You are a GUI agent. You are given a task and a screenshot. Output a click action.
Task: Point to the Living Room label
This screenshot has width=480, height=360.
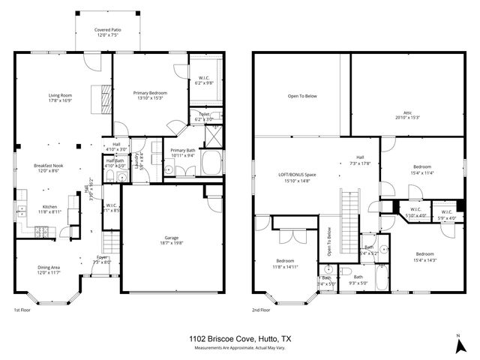pyautogui.click(x=60, y=97)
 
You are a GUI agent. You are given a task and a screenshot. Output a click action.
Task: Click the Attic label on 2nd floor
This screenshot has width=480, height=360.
pyautogui.click(x=407, y=115)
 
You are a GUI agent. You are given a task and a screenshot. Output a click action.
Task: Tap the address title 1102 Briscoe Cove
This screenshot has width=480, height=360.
pyautogui.click(x=239, y=339)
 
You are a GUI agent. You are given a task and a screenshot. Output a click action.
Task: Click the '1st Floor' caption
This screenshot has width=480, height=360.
pyautogui.click(x=22, y=310)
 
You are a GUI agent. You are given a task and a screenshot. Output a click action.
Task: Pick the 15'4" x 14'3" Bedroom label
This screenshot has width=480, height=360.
pyautogui.click(x=424, y=256)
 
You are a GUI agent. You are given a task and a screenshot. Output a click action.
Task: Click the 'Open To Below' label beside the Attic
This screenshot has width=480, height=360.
pyautogui.click(x=302, y=96)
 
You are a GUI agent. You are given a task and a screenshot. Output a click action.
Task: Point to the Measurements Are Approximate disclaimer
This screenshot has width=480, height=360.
pyautogui.click(x=239, y=348)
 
